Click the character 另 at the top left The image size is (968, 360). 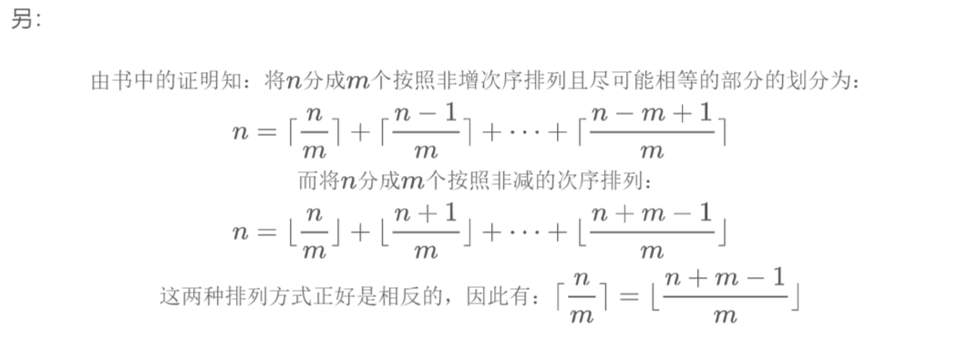pos(22,20)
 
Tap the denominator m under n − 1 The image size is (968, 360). pos(425,149)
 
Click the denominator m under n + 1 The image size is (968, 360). pos(425,248)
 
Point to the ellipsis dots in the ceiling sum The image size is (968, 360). pos(523,132)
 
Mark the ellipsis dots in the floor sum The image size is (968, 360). pos(523,231)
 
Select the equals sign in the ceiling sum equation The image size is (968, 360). pos(265,132)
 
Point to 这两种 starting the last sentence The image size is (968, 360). pos(190,296)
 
